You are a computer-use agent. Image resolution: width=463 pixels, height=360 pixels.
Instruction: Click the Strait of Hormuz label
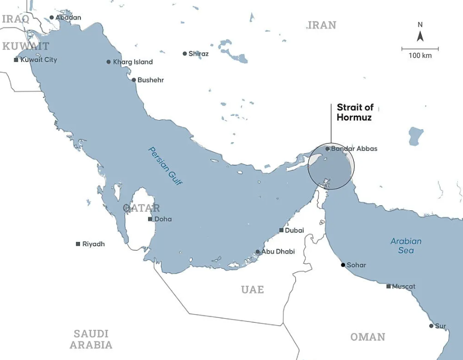[x=355, y=112]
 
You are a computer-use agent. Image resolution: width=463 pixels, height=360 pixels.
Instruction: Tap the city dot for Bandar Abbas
[x=328, y=149]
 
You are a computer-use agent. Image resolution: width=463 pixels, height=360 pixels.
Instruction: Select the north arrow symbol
[x=420, y=35]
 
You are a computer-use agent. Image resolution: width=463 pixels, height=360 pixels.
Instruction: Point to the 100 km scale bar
[x=420, y=49]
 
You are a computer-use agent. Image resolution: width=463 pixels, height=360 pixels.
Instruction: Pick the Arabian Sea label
[x=406, y=246]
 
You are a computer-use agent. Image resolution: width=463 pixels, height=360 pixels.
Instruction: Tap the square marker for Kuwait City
[x=16, y=60]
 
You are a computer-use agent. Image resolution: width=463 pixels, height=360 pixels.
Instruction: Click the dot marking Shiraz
[x=185, y=53]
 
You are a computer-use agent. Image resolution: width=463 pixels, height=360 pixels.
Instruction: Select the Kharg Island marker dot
[x=109, y=62]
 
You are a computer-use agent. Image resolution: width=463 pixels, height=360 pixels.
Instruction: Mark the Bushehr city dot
[x=134, y=80]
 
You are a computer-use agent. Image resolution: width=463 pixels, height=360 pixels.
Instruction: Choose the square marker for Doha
[x=150, y=219]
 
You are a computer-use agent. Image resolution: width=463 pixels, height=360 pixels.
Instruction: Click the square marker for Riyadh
[x=78, y=244]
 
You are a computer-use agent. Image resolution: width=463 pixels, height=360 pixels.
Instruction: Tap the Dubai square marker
[x=281, y=230]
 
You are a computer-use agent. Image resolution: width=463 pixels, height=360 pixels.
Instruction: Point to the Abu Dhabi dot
[x=257, y=252]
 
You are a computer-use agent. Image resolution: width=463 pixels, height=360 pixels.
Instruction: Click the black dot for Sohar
[x=343, y=265]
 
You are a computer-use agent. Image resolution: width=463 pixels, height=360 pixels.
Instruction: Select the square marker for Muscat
[x=389, y=286]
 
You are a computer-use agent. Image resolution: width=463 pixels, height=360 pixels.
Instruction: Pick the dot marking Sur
[x=431, y=326]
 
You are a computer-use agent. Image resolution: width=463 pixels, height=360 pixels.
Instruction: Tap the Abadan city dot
[x=51, y=17]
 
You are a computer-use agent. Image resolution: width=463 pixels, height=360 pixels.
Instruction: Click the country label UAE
[x=252, y=290]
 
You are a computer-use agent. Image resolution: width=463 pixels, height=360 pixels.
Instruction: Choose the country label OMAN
[x=368, y=337]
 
